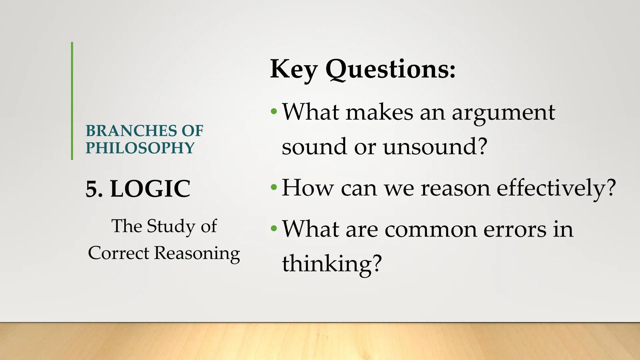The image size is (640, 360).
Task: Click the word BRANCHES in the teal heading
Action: click(131, 131)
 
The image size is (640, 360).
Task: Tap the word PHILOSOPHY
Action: click(140, 148)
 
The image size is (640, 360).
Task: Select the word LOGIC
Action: click(150, 189)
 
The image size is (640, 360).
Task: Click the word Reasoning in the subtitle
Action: click(197, 253)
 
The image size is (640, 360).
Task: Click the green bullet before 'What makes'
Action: click(274, 111)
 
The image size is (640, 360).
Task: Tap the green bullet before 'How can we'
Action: click(274, 187)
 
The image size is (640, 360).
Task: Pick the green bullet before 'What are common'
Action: click(274, 229)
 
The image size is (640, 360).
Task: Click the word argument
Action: click(503, 113)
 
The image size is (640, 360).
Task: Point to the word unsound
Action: click(435, 146)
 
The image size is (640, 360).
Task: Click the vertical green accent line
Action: click(72, 101)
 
